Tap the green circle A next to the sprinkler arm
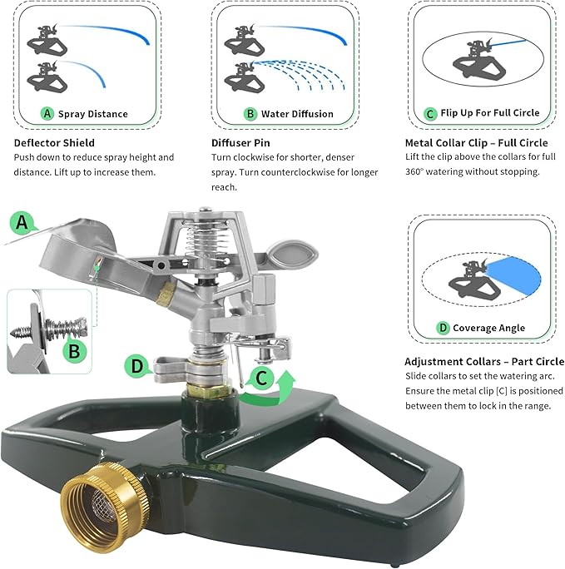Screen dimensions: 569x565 tap(23, 222)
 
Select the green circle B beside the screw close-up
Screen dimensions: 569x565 tap(74, 351)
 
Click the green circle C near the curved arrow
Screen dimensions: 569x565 tap(261, 379)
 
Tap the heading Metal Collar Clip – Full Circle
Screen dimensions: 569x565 tap(476, 143)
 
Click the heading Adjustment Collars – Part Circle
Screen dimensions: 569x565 tap(484, 361)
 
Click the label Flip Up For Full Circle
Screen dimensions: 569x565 tap(490, 112)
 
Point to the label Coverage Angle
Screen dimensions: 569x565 tap(488, 328)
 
